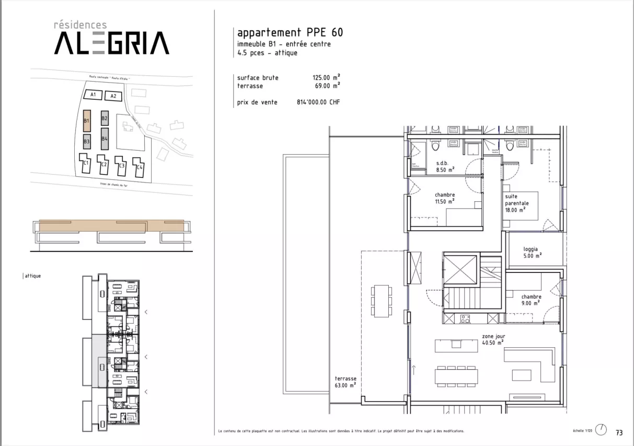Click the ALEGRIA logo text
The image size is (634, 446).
click(x=111, y=43)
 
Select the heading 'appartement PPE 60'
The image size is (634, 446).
click(x=290, y=32)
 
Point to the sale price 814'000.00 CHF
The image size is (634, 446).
click(x=318, y=102)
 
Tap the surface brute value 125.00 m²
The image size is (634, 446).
click(x=326, y=78)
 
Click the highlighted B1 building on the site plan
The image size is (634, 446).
click(x=87, y=121)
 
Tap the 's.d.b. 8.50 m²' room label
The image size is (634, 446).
click(x=445, y=166)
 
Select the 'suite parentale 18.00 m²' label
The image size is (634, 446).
click(x=516, y=203)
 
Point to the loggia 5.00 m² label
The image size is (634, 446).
click(x=532, y=252)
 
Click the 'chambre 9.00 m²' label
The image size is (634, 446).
click(x=531, y=299)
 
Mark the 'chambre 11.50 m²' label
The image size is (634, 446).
click(x=445, y=198)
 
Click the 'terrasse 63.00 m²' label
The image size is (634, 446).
click(x=345, y=382)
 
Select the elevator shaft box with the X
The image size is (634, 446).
click(x=460, y=270)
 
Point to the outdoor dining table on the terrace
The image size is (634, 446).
click(x=381, y=301)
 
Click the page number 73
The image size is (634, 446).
click(x=619, y=432)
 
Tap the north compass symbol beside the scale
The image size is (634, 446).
click(x=602, y=430)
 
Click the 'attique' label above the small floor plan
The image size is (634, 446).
click(x=33, y=276)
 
